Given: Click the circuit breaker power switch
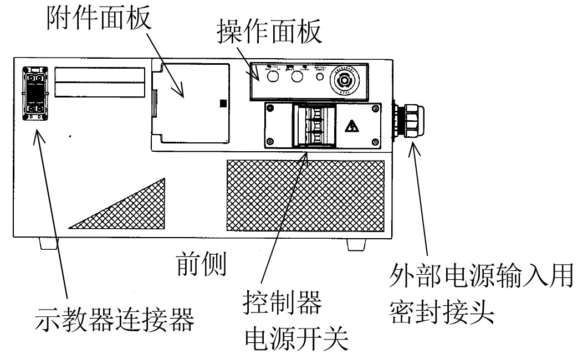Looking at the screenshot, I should [314, 125].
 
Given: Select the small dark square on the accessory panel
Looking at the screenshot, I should [223, 103].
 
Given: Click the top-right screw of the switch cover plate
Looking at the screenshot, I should [376, 109].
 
